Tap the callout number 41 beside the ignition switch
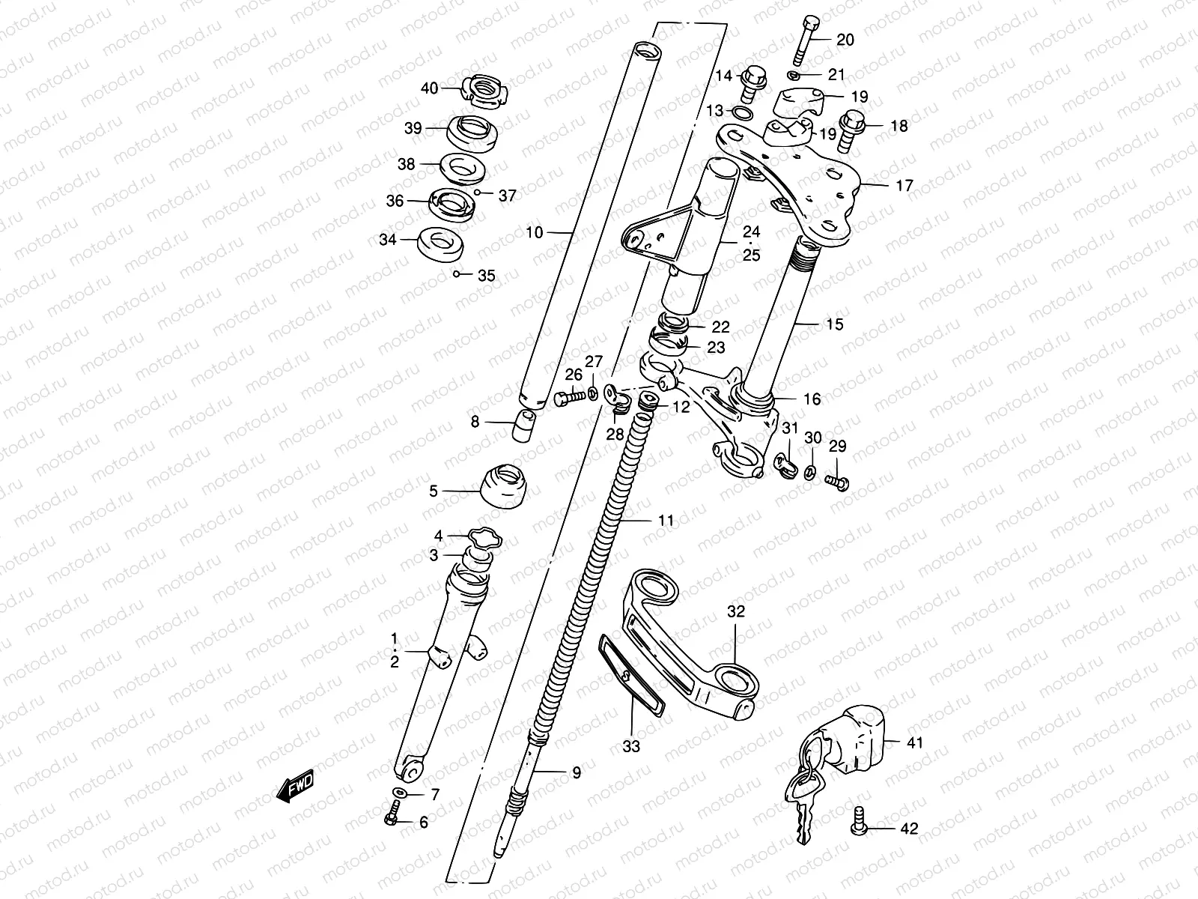click(915, 743)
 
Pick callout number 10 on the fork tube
click(534, 233)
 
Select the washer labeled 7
click(400, 793)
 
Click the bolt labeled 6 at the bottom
click(392, 820)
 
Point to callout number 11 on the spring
click(666, 519)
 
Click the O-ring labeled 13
click(742, 113)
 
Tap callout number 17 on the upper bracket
click(904, 184)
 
